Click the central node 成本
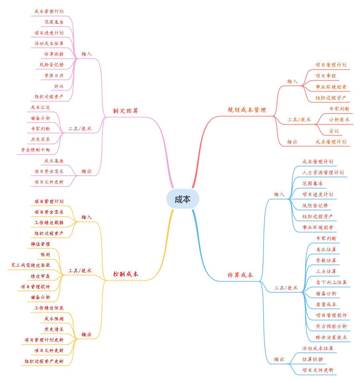point(183,199)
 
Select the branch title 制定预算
point(126,111)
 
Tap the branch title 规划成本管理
point(247,110)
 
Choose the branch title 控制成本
point(126,274)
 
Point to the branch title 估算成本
point(240,275)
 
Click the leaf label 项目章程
point(326,76)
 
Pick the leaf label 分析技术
point(339,120)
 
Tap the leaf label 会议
point(334,131)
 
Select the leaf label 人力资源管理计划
point(323,172)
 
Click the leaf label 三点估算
point(326,271)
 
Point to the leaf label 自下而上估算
point(331,282)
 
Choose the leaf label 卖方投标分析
point(331,326)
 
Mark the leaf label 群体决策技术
point(331,337)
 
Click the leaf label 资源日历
point(54,75)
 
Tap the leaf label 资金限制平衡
point(35,150)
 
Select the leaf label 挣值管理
point(40,244)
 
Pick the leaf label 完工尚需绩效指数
point(30,265)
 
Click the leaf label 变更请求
point(54,329)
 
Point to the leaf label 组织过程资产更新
point(44,361)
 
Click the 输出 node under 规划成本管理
point(292,142)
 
